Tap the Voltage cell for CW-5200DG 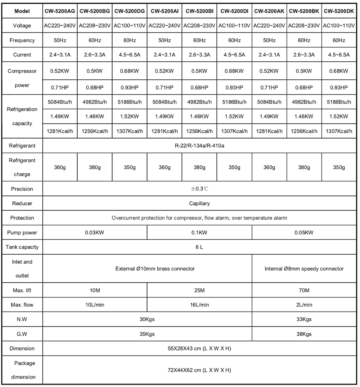[129, 26]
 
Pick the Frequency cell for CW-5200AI [164, 40]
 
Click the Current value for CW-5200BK [304, 55]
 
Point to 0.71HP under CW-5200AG [60, 86]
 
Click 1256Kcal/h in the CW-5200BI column [199, 131]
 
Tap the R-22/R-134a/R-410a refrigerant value [199, 146]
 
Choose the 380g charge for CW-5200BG [95, 167]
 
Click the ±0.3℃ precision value [199, 189]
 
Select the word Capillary [199, 204]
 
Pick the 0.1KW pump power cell [199, 233]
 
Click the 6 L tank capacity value [199, 247]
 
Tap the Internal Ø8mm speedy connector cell [304, 269]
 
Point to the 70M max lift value [304, 290]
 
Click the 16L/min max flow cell [199, 305]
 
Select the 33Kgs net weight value [304, 319]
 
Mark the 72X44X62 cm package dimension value [199, 370]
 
